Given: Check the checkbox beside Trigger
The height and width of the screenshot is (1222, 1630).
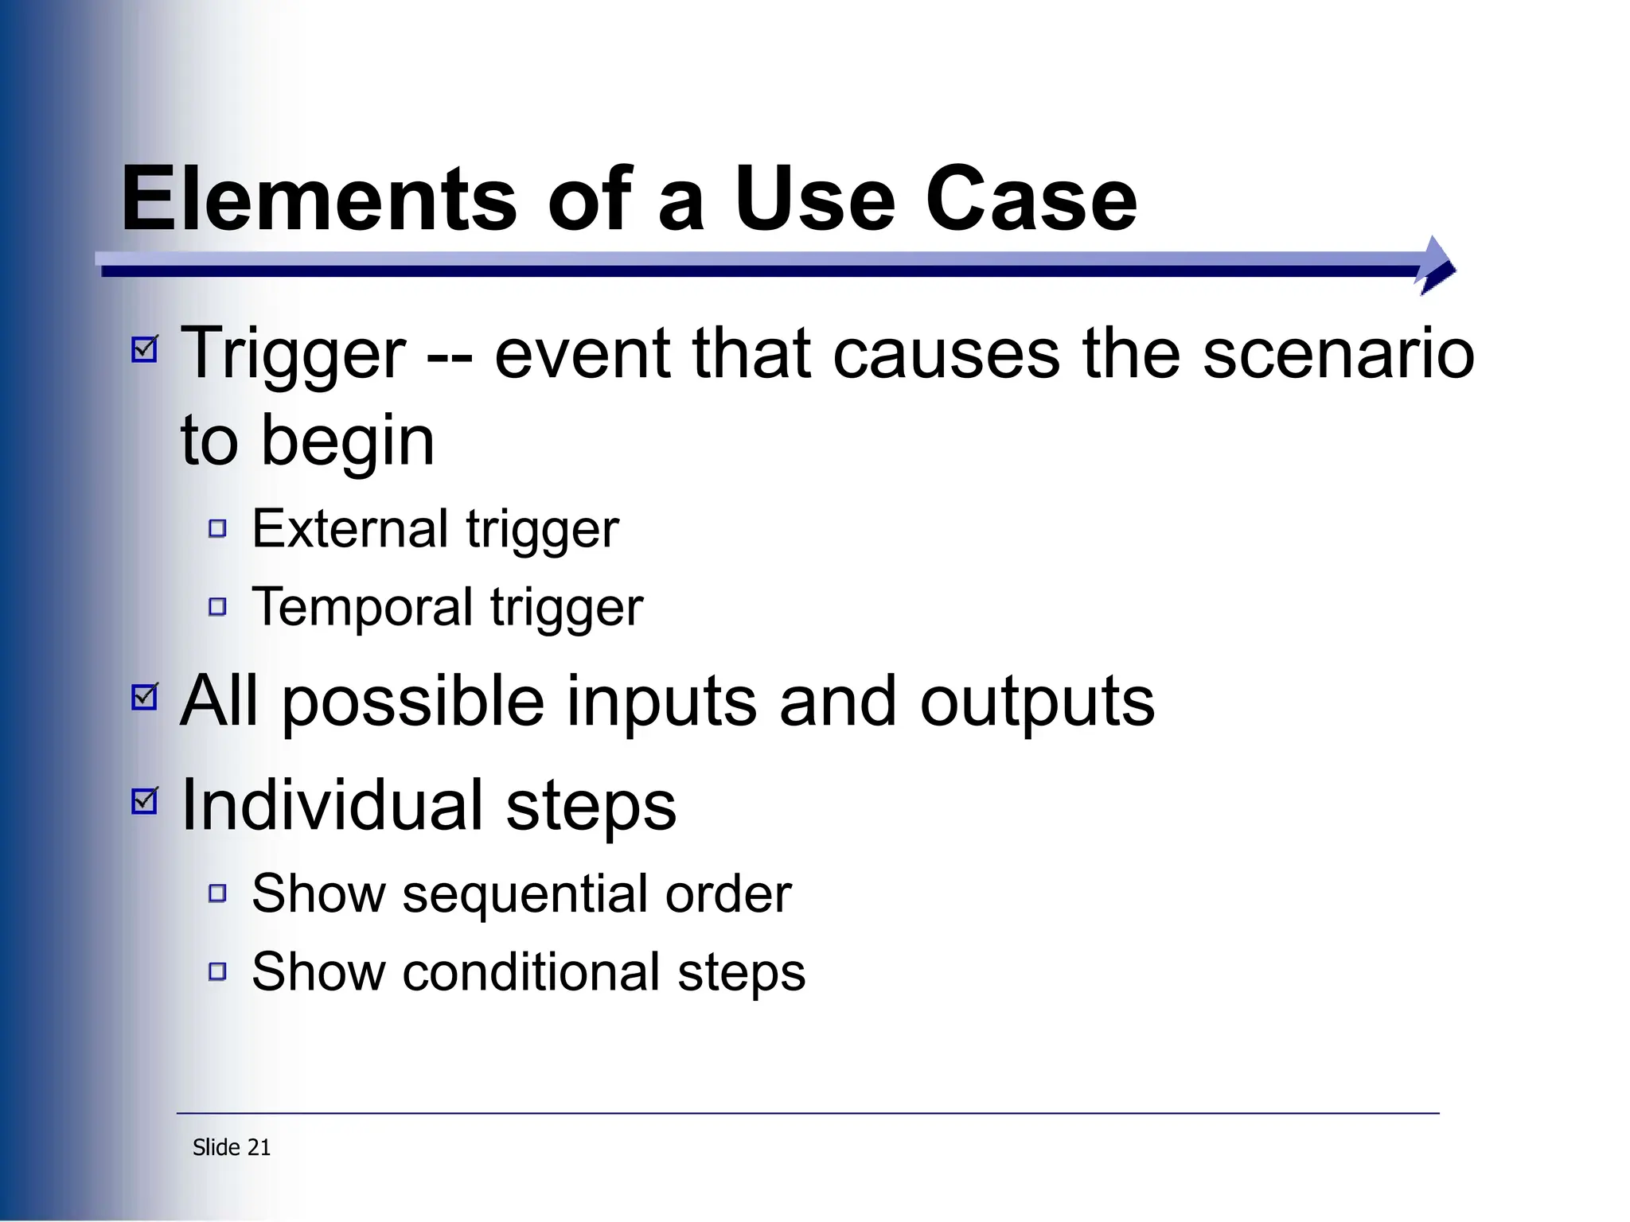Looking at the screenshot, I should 145,348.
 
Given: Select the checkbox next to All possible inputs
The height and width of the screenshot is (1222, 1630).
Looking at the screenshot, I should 145,696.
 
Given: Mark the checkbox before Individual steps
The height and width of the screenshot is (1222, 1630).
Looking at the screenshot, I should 145,800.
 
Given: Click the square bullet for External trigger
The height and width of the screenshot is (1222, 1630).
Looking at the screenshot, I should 217,528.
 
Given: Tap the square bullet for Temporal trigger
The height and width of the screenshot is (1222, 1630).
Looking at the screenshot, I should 217,607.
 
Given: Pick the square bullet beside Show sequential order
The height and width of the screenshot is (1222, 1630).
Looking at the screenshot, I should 217,893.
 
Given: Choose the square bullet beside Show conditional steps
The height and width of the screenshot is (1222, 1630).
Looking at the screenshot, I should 217,971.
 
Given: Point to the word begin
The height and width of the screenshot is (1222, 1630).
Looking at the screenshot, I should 348,442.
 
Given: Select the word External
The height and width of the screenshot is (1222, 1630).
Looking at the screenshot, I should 350,529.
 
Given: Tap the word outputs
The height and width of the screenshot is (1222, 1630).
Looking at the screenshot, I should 1037,702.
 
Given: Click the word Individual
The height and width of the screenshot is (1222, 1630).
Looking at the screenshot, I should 333,805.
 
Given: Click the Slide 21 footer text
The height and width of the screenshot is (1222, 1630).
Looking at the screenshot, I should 232,1147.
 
